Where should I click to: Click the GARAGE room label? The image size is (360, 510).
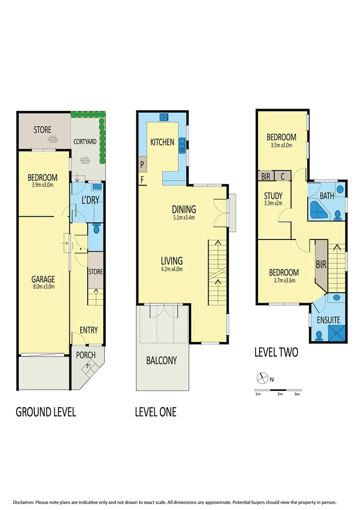(42, 279)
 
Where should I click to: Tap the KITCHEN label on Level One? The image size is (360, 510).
(162, 142)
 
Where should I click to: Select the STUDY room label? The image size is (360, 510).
(273, 195)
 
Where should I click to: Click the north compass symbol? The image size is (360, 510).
(261, 378)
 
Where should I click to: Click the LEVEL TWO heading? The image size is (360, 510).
(276, 352)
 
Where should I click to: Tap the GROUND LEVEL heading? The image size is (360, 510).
(46, 412)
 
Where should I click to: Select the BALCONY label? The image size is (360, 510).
(161, 361)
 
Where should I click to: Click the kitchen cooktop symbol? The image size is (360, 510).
(164, 117)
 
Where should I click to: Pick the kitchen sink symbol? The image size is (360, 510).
(182, 148)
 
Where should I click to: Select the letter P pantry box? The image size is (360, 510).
(142, 165)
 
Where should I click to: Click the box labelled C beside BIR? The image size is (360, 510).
(282, 176)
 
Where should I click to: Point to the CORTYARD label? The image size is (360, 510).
(85, 141)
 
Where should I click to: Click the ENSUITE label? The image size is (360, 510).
(328, 320)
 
